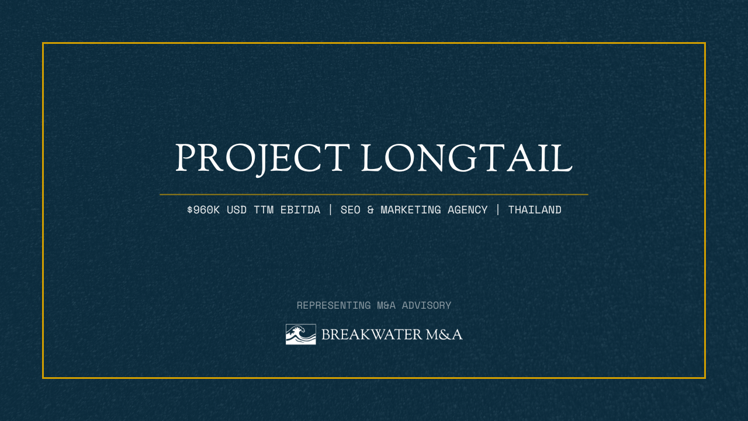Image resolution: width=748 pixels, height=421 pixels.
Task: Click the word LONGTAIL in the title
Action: pos(466,158)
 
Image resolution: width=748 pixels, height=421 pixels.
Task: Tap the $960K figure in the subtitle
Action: pos(203,209)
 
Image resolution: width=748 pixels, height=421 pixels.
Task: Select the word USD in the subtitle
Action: pos(237,209)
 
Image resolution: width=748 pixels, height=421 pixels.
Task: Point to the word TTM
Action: pos(264,209)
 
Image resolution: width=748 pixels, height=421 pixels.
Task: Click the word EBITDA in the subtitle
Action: pos(300,209)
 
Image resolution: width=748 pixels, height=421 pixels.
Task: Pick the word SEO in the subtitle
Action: pos(351,209)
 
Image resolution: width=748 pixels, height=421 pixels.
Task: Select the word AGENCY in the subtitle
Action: pos(467,209)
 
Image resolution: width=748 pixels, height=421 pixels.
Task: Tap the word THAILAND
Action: pos(535,209)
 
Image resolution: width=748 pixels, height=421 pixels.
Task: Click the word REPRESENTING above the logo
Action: pos(334,305)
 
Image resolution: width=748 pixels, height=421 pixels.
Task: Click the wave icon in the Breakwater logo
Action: pos(300,334)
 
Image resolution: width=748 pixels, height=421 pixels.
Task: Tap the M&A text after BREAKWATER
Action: pos(444,334)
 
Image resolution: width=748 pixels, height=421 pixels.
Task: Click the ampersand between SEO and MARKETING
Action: pos(370,209)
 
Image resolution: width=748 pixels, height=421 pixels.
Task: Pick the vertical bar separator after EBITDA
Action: pos(330,209)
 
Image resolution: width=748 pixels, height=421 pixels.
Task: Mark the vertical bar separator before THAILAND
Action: pos(498,209)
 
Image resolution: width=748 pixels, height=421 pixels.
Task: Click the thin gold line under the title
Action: pos(374,194)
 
